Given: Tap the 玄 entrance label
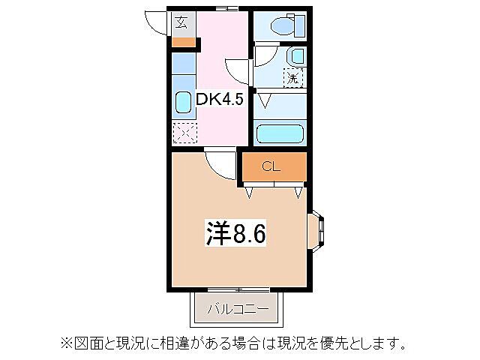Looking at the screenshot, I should click(x=182, y=22).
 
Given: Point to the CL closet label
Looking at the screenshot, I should click(x=271, y=166).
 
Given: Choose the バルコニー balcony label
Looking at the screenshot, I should click(x=237, y=308).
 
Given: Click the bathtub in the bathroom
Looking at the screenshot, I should click(x=279, y=133).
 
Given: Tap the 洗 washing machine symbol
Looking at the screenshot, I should click(x=293, y=76).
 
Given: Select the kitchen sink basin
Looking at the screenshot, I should click(x=183, y=103).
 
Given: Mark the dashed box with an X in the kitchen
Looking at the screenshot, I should click(x=184, y=133).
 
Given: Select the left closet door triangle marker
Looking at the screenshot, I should click(x=250, y=193).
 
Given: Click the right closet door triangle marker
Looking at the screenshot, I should click(x=299, y=193).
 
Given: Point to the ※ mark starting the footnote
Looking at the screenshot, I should click(x=66, y=344).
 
